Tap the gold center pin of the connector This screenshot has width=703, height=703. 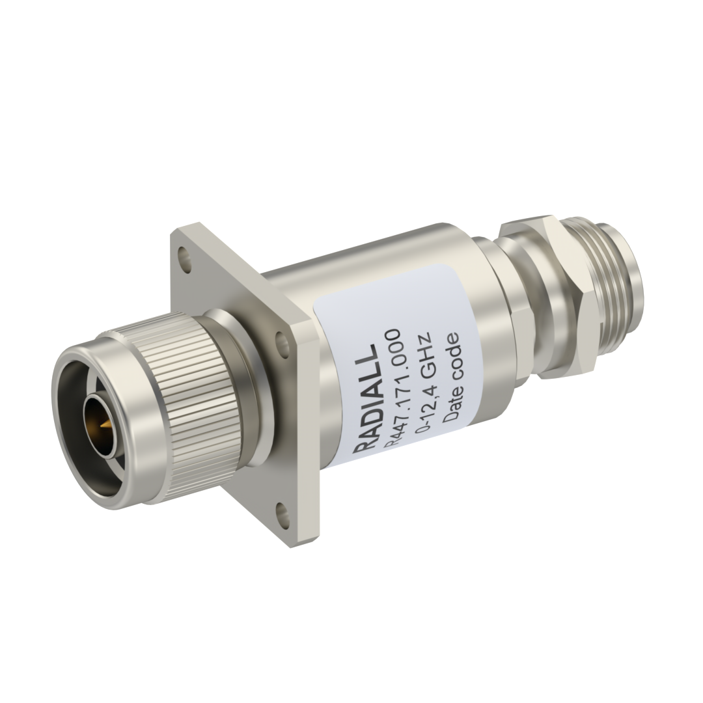click(x=105, y=423)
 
